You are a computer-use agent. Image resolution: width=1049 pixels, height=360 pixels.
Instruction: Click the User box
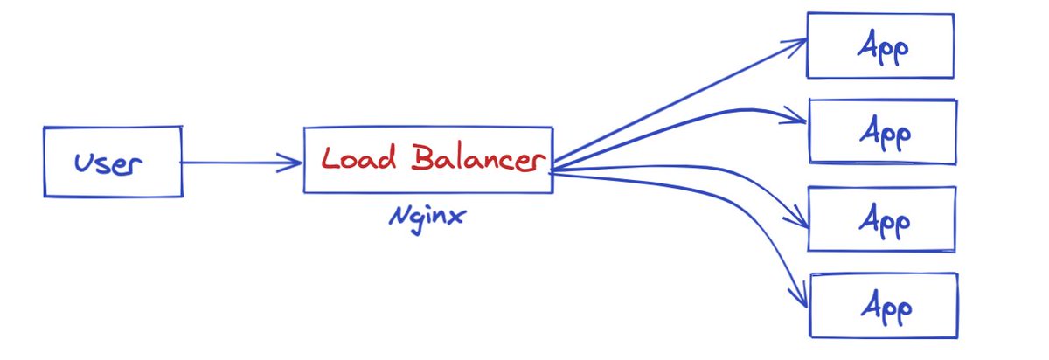[113, 162]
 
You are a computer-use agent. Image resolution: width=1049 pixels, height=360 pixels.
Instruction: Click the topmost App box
[879, 45]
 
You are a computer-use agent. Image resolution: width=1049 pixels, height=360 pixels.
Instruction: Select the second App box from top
[883, 131]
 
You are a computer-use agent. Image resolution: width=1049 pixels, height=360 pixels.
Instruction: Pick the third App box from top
[881, 218]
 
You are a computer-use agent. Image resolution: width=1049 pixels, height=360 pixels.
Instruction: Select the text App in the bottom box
[886, 308]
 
